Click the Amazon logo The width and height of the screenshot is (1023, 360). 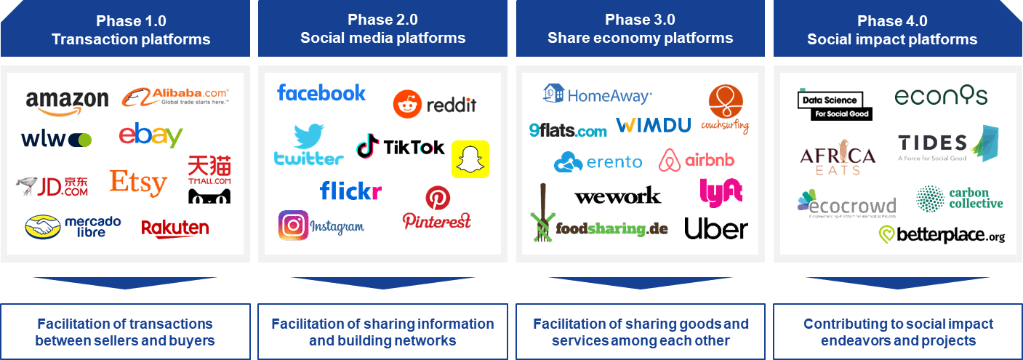67,101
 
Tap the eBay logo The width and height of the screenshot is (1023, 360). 151,135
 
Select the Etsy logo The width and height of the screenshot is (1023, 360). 138,183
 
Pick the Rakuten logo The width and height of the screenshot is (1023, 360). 174,228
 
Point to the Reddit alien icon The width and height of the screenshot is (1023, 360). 407,105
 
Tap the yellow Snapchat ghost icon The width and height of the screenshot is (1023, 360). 470,159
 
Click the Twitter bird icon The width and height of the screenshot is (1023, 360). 308,137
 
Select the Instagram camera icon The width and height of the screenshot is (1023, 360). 293,225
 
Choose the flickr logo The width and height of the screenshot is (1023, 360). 350,191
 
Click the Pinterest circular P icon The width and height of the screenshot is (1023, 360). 438,197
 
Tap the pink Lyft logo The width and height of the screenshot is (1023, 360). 721,193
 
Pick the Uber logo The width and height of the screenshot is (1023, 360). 715,228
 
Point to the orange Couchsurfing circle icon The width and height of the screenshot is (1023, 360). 726,101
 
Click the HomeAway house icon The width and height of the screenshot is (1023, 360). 554,93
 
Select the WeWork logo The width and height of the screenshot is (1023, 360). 617,196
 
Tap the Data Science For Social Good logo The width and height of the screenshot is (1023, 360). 835,105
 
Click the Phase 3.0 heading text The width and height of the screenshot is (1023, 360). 640,20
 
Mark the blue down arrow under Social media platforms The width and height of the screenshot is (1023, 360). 382,283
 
